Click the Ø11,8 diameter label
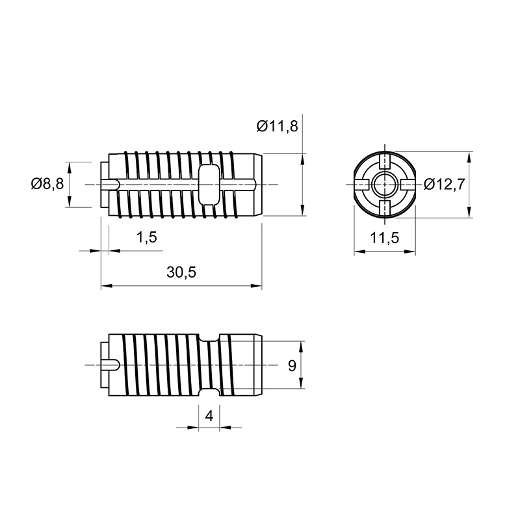[x=278, y=126]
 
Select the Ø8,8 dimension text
[x=47, y=183]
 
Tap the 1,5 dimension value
[x=146, y=237]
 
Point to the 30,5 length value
[x=181, y=272]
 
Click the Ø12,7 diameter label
[x=445, y=184]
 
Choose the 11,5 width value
[x=385, y=238]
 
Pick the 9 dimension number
[x=292, y=366]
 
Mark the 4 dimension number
[x=209, y=415]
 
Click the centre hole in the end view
[x=385, y=184]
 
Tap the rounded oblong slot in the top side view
[x=209, y=184]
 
